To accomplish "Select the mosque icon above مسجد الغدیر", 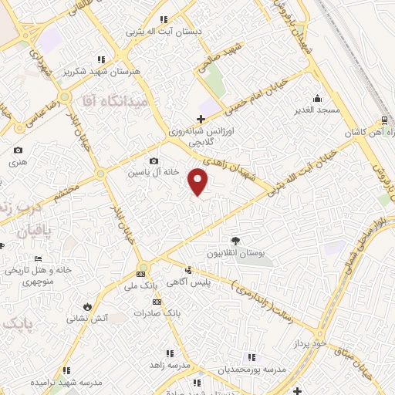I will pyautogui.click(x=317, y=98).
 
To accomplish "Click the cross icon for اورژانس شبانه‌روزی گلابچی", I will pyautogui.click(x=201, y=119).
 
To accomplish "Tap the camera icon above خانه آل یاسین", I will pyautogui.click(x=154, y=161).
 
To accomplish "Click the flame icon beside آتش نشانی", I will pyautogui.click(x=87, y=306).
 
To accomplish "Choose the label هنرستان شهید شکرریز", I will pyautogui.click(x=101, y=71).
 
